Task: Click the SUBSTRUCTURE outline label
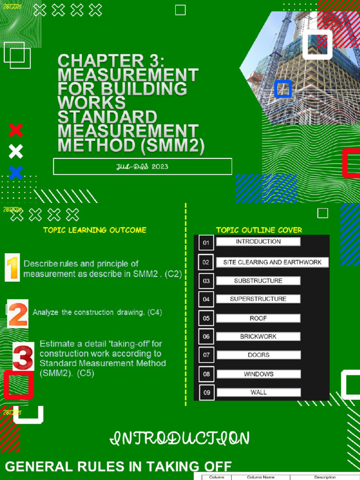coord(258,281)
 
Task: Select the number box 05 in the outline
coord(206,318)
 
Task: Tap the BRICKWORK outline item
coord(258,337)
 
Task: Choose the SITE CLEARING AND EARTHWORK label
coord(272,262)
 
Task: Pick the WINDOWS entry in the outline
coord(258,374)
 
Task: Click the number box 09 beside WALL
coord(206,393)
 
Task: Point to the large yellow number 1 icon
coord(12,267)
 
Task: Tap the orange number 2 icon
coord(18,314)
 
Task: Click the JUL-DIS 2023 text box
coord(142,166)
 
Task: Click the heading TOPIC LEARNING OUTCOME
coord(95,230)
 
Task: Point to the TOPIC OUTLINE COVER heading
coord(259,230)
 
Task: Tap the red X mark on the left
coord(15,130)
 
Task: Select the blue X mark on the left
coord(15,172)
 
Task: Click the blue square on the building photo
coord(283,89)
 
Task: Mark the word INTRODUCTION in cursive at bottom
coord(180,439)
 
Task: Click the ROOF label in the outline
coord(258,318)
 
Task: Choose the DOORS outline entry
coord(258,355)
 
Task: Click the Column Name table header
coord(261,477)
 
